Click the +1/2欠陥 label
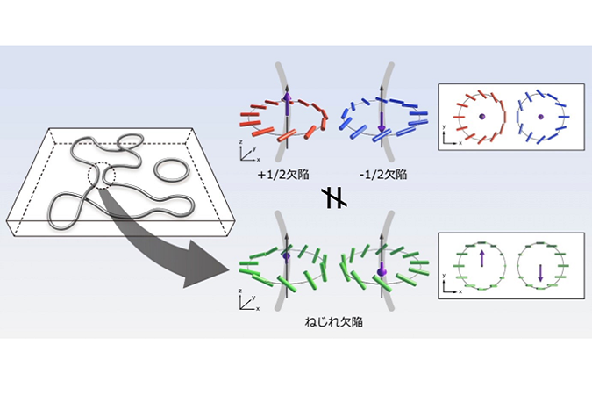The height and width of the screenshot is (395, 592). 284,174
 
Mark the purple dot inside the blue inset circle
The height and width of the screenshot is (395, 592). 541,116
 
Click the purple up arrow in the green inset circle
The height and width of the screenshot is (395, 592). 481,260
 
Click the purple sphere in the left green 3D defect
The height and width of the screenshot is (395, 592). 286,256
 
